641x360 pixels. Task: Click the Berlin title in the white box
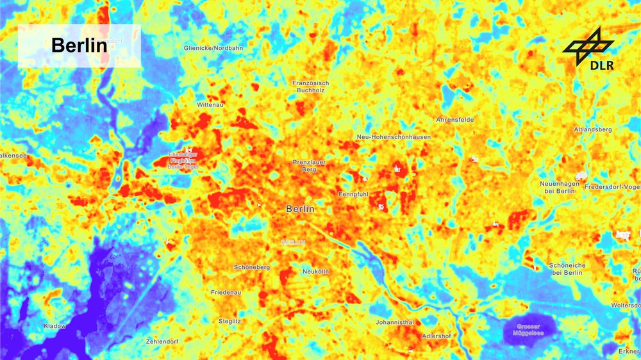coord(79,45)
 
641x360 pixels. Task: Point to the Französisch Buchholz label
coord(310,86)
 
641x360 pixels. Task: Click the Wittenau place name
coord(210,104)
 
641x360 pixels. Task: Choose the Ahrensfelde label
coord(454,120)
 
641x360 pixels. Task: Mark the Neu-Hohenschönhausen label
coord(394,137)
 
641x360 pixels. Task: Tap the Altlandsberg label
coord(593,129)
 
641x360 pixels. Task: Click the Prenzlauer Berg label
coord(309,166)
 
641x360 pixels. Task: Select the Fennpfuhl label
coord(353,193)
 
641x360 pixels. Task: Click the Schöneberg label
coord(252,267)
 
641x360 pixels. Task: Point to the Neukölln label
coord(315,272)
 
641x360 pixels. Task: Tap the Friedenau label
coord(226,292)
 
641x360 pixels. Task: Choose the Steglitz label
coord(229,320)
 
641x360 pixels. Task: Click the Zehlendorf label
coord(162,341)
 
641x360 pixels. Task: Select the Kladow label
coord(54,326)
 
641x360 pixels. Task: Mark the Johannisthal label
coord(394,322)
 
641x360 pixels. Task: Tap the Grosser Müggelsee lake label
coord(529,329)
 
